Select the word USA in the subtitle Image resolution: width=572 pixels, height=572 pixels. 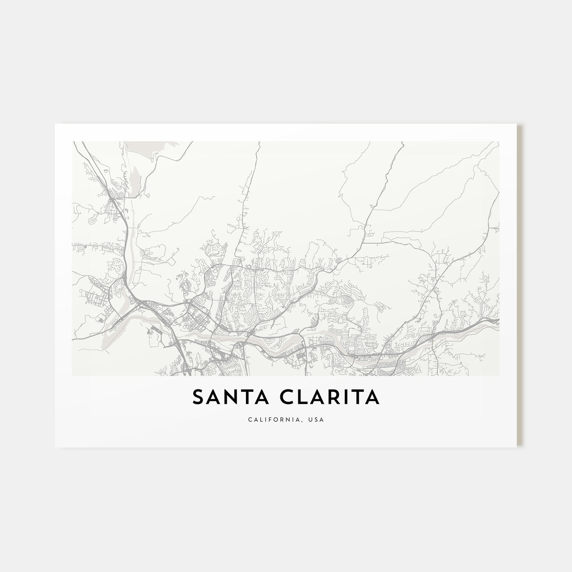317,420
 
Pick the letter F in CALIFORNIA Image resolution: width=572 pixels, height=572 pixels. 270,420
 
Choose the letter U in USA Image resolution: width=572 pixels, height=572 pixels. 311,420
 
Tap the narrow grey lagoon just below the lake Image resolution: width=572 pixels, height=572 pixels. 132,180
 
